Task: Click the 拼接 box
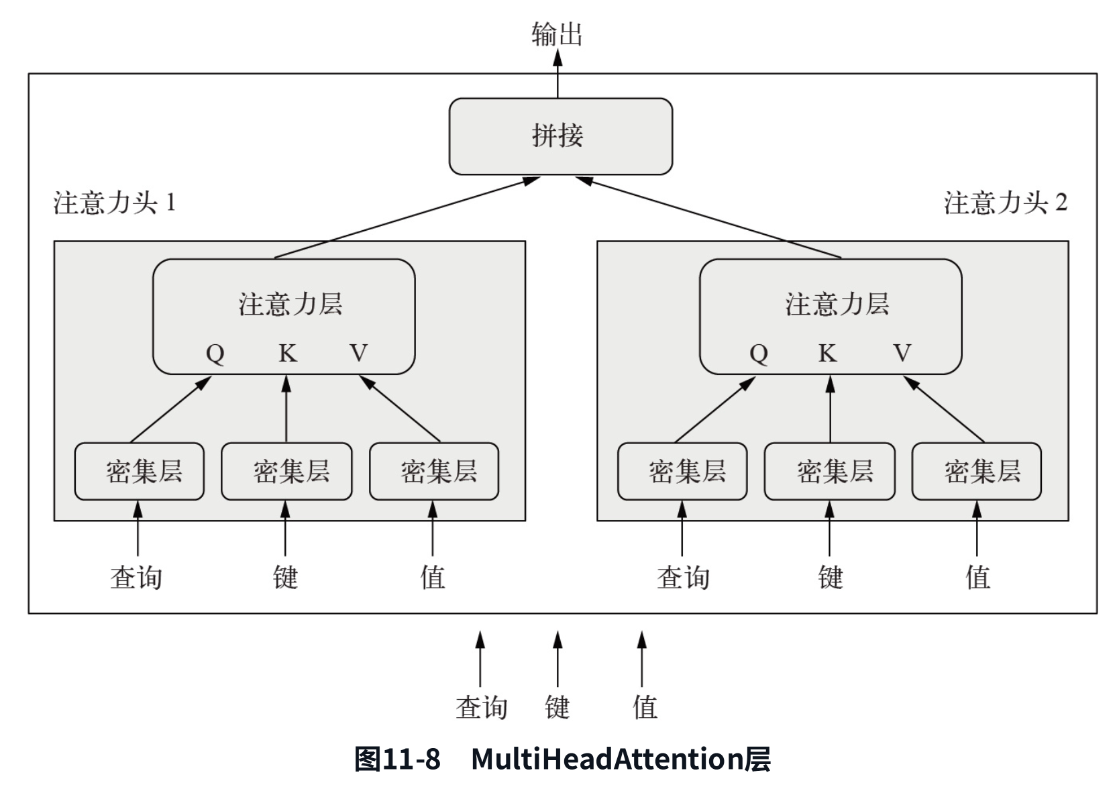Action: click(x=560, y=136)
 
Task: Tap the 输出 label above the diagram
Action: click(x=557, y=34)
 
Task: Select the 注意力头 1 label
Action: click(x=115, y=203)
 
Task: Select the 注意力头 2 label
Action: click(x=1005, y=203)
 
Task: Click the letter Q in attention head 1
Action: click(x=215, y=353)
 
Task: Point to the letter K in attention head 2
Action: click(x=827, y=353)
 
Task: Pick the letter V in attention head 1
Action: click(x=359, y=353)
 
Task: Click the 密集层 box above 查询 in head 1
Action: click(x=139, y=471)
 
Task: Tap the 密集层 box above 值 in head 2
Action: click(x=976, y=471)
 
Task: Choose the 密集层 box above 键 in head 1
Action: click(x=286, y=471)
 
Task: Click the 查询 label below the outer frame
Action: click(x=481, y=707)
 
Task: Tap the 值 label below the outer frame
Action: click(x=645, y=707)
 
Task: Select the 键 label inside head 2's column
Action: click(x=831, y=577)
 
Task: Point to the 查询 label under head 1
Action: click(x=136, y=577)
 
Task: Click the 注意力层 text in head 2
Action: click(x=837, y=304)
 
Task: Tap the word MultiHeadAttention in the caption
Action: click(x=606, y=759)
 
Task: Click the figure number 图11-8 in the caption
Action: click(x=397, y=759)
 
